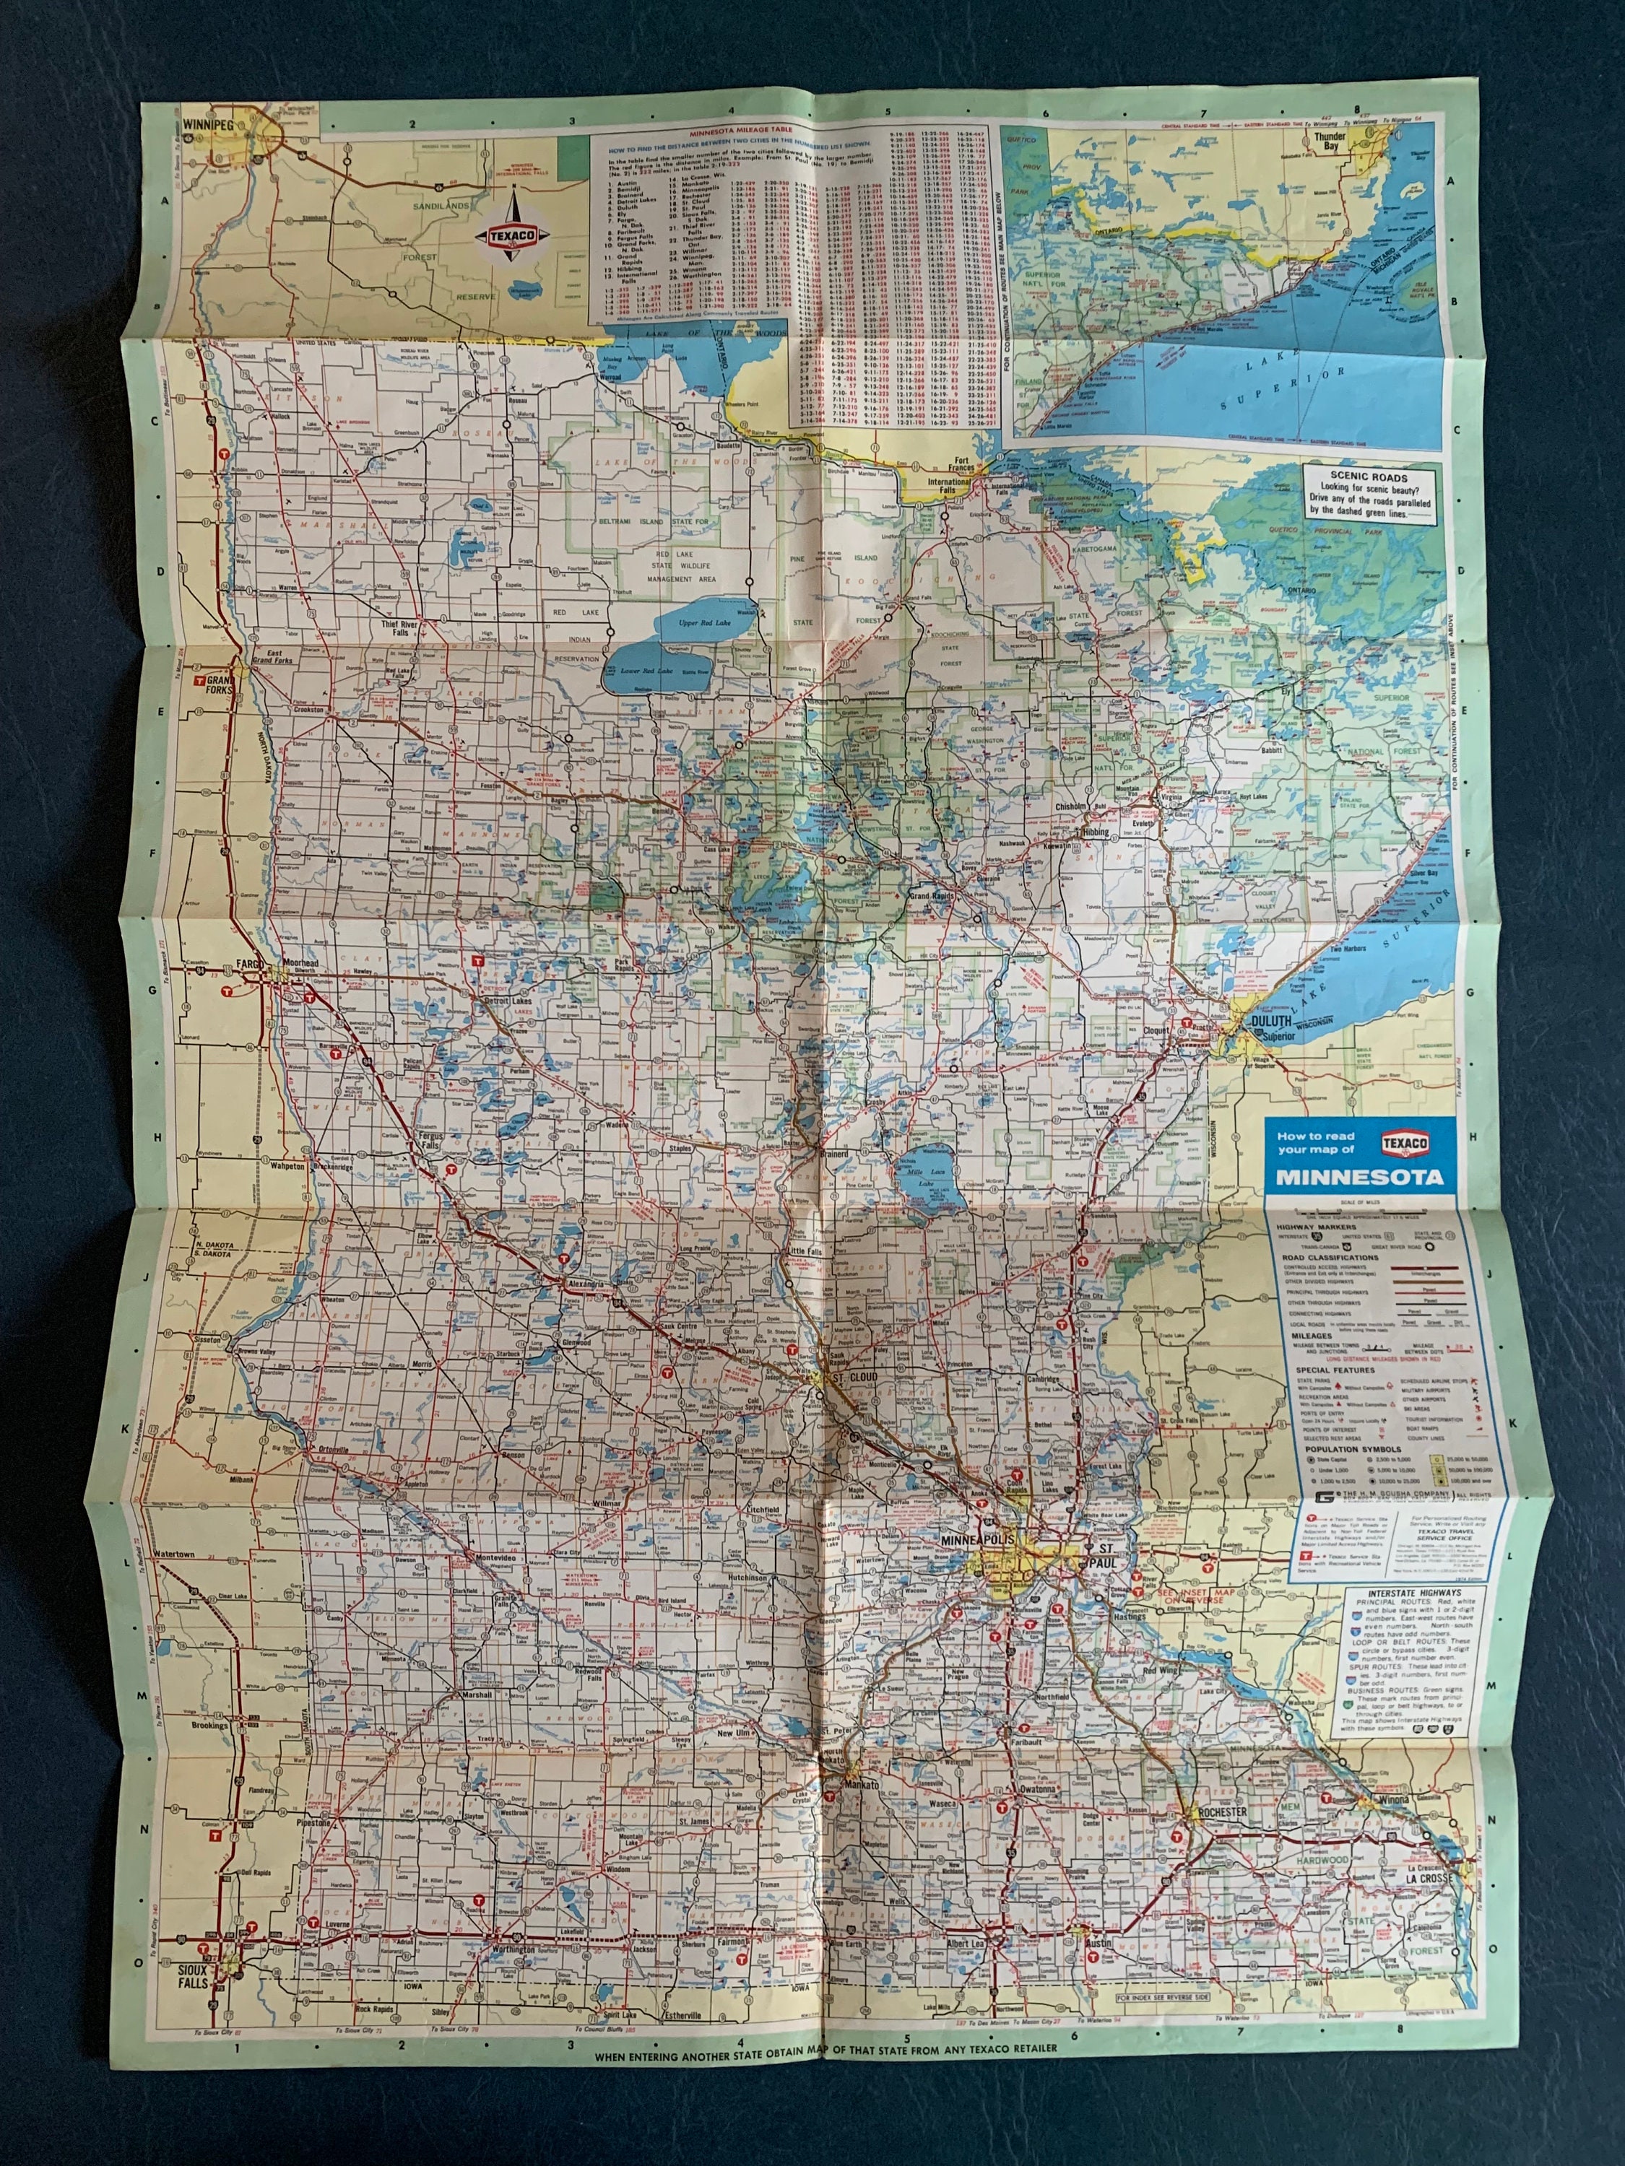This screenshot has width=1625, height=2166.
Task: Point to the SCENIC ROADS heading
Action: [1369, 478]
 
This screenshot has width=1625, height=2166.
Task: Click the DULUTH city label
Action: [1271, 1022]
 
